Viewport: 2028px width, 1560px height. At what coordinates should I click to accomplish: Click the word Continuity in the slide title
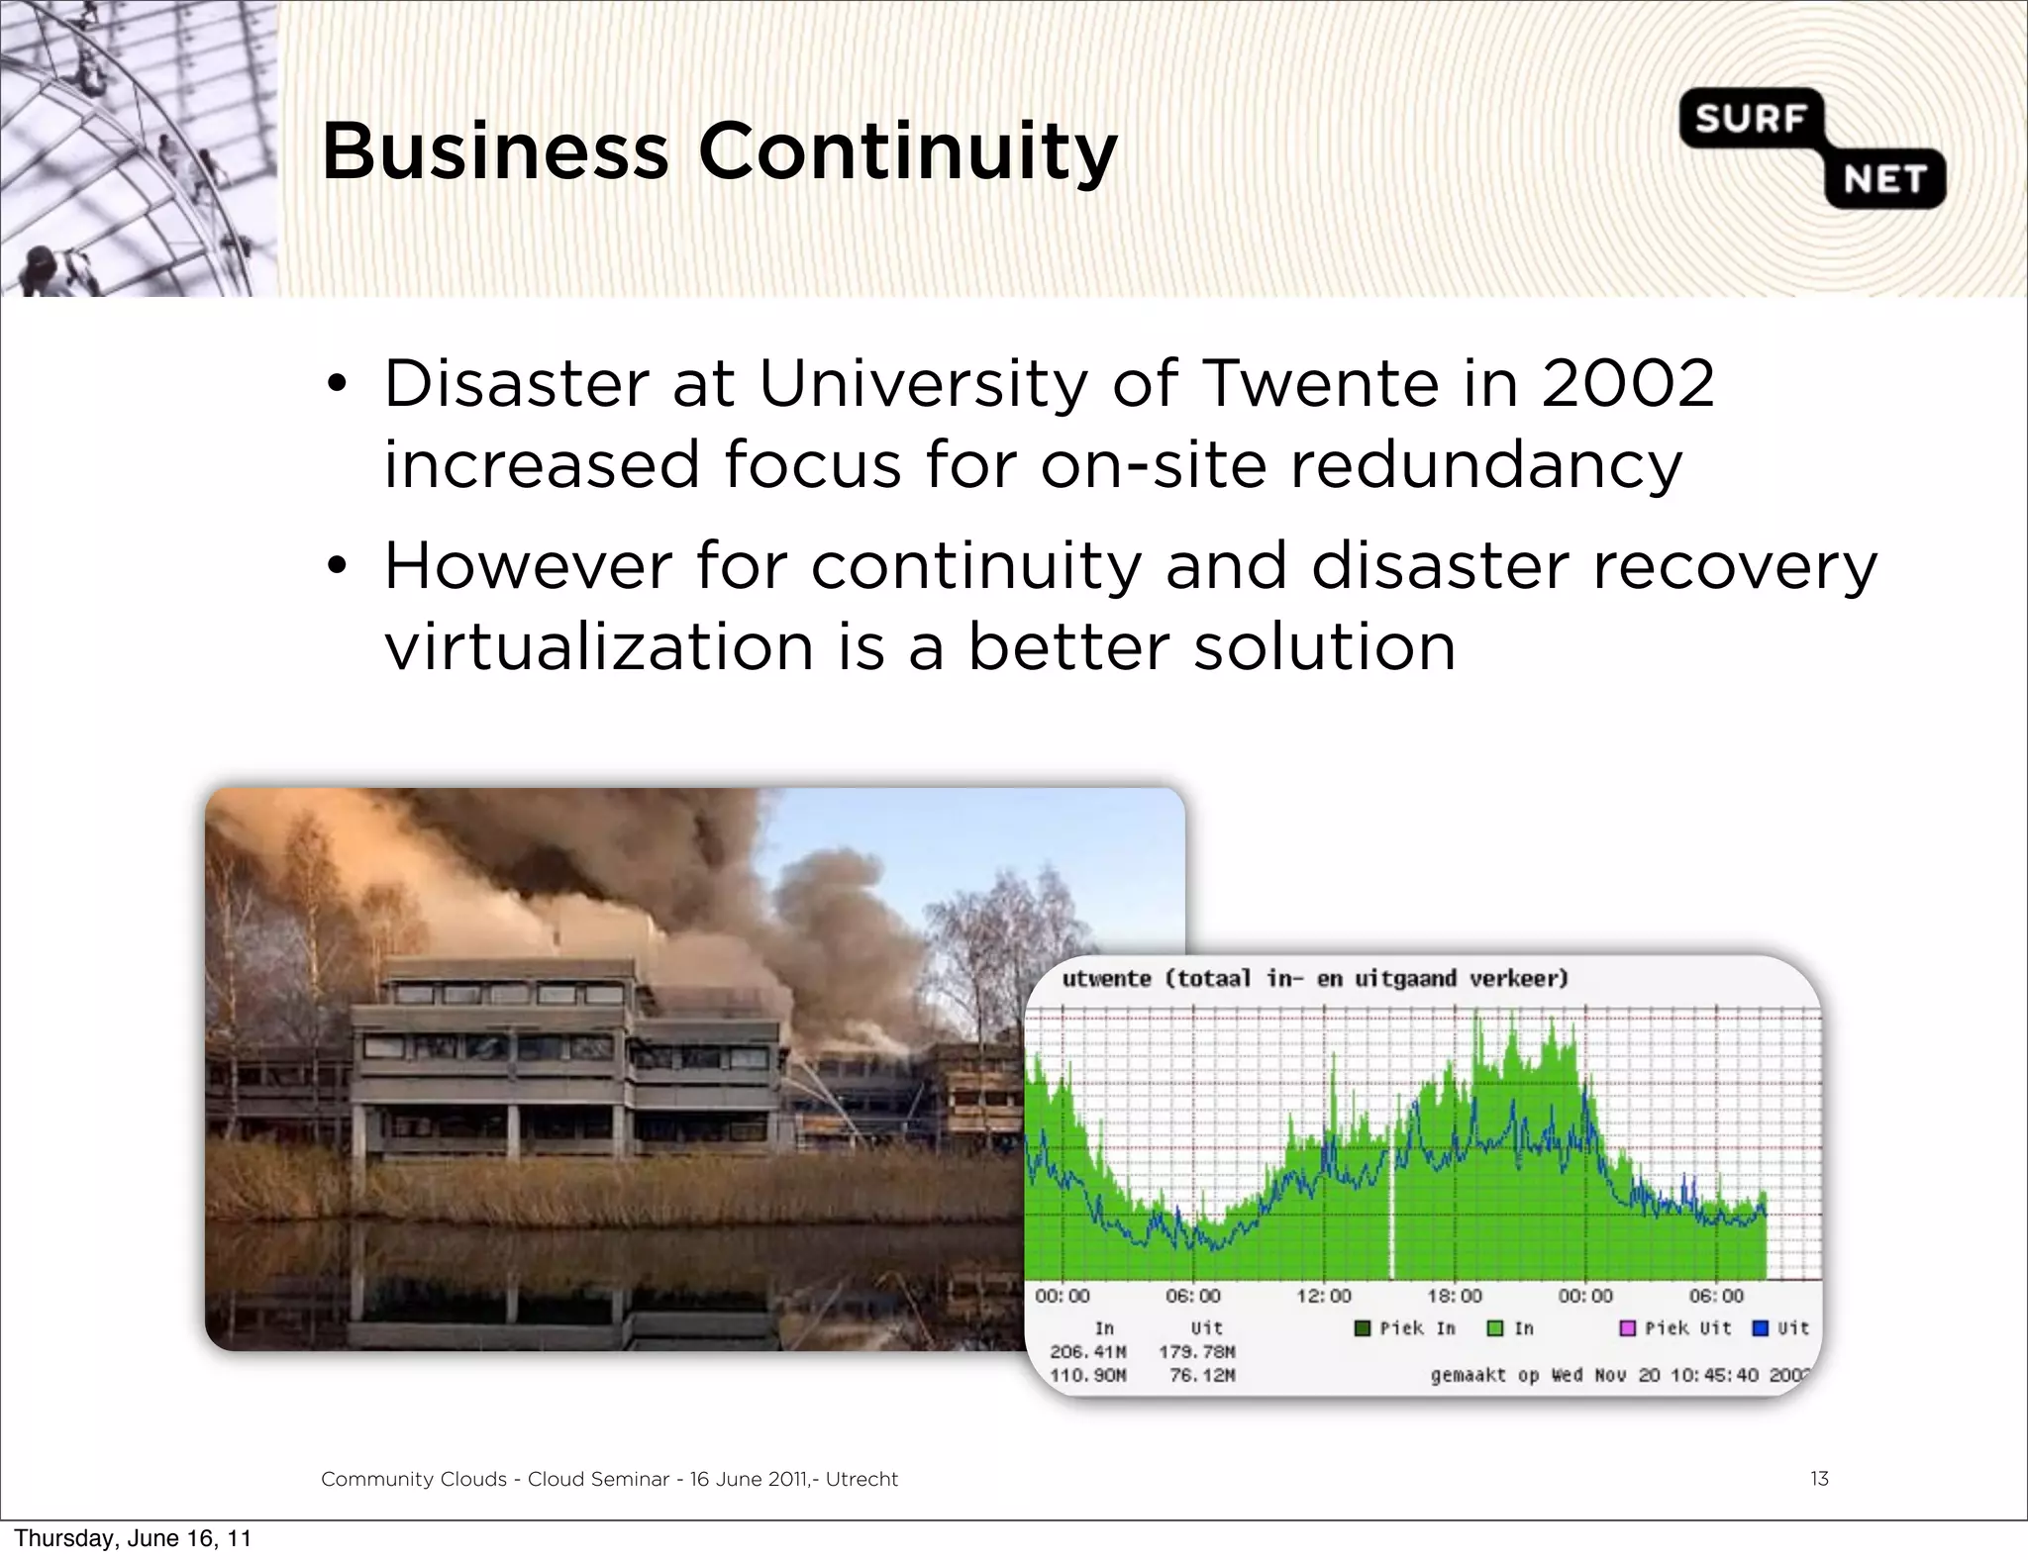(907, 152)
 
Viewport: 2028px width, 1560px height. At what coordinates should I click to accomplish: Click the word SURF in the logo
(1750, 120)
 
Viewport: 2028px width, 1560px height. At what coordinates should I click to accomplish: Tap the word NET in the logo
(1884, 180)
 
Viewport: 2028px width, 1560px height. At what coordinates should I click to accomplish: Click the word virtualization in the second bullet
(598, 647)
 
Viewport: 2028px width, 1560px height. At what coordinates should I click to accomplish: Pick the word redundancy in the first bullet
(1485, 465)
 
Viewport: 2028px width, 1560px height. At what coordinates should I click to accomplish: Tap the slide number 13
(1818, 1479)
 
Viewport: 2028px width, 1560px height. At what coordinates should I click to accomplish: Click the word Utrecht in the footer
(862, 1479)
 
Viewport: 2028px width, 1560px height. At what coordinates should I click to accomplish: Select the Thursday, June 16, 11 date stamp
(133, 1538)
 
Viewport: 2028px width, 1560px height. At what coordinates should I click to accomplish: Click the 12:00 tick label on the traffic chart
(1324, 1296)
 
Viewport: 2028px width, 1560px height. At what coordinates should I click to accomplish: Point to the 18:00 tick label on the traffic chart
(1455, 1296)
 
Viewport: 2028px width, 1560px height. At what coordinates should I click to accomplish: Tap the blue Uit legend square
(1761, 1328)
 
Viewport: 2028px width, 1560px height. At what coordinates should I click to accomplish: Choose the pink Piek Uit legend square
(1627, 1328)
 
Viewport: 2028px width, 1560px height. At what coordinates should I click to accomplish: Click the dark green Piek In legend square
(1363, 1328)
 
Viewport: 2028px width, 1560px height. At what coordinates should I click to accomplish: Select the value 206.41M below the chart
(1087, 1352)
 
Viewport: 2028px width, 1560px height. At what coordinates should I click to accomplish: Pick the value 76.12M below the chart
(1202, 1376)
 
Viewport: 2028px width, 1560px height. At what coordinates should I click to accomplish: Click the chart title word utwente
(1106, 979)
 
